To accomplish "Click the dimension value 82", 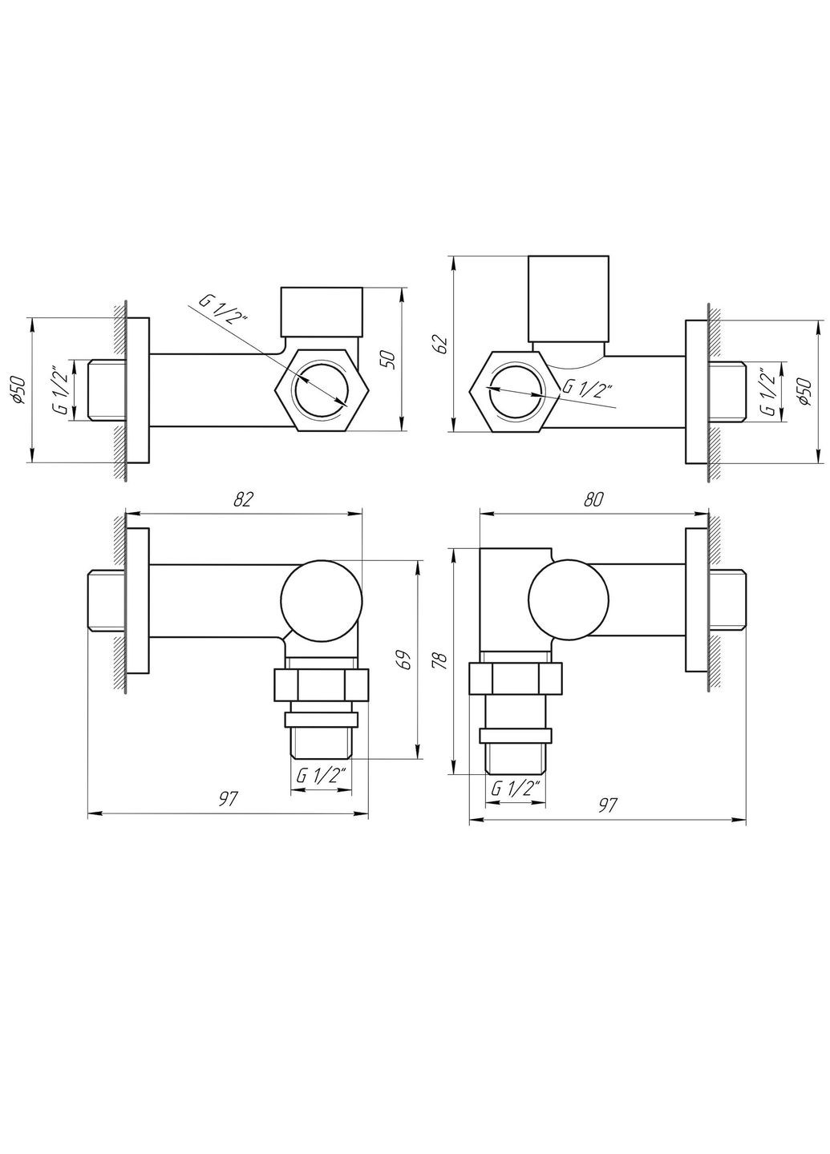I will (x=244, y=498).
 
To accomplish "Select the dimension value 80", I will (x=593, y=498).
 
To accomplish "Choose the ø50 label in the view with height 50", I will (x=22, y=390).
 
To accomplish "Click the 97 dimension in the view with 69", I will (x=229, y=799).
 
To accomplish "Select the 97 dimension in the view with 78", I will (x=607, y=805).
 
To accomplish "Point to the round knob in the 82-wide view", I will (x=321, y=599).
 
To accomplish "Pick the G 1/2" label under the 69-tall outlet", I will (x=321, y=775).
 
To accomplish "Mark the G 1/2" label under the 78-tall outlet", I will (x=516, y=788).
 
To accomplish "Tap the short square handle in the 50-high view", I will (x=321, y=312).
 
